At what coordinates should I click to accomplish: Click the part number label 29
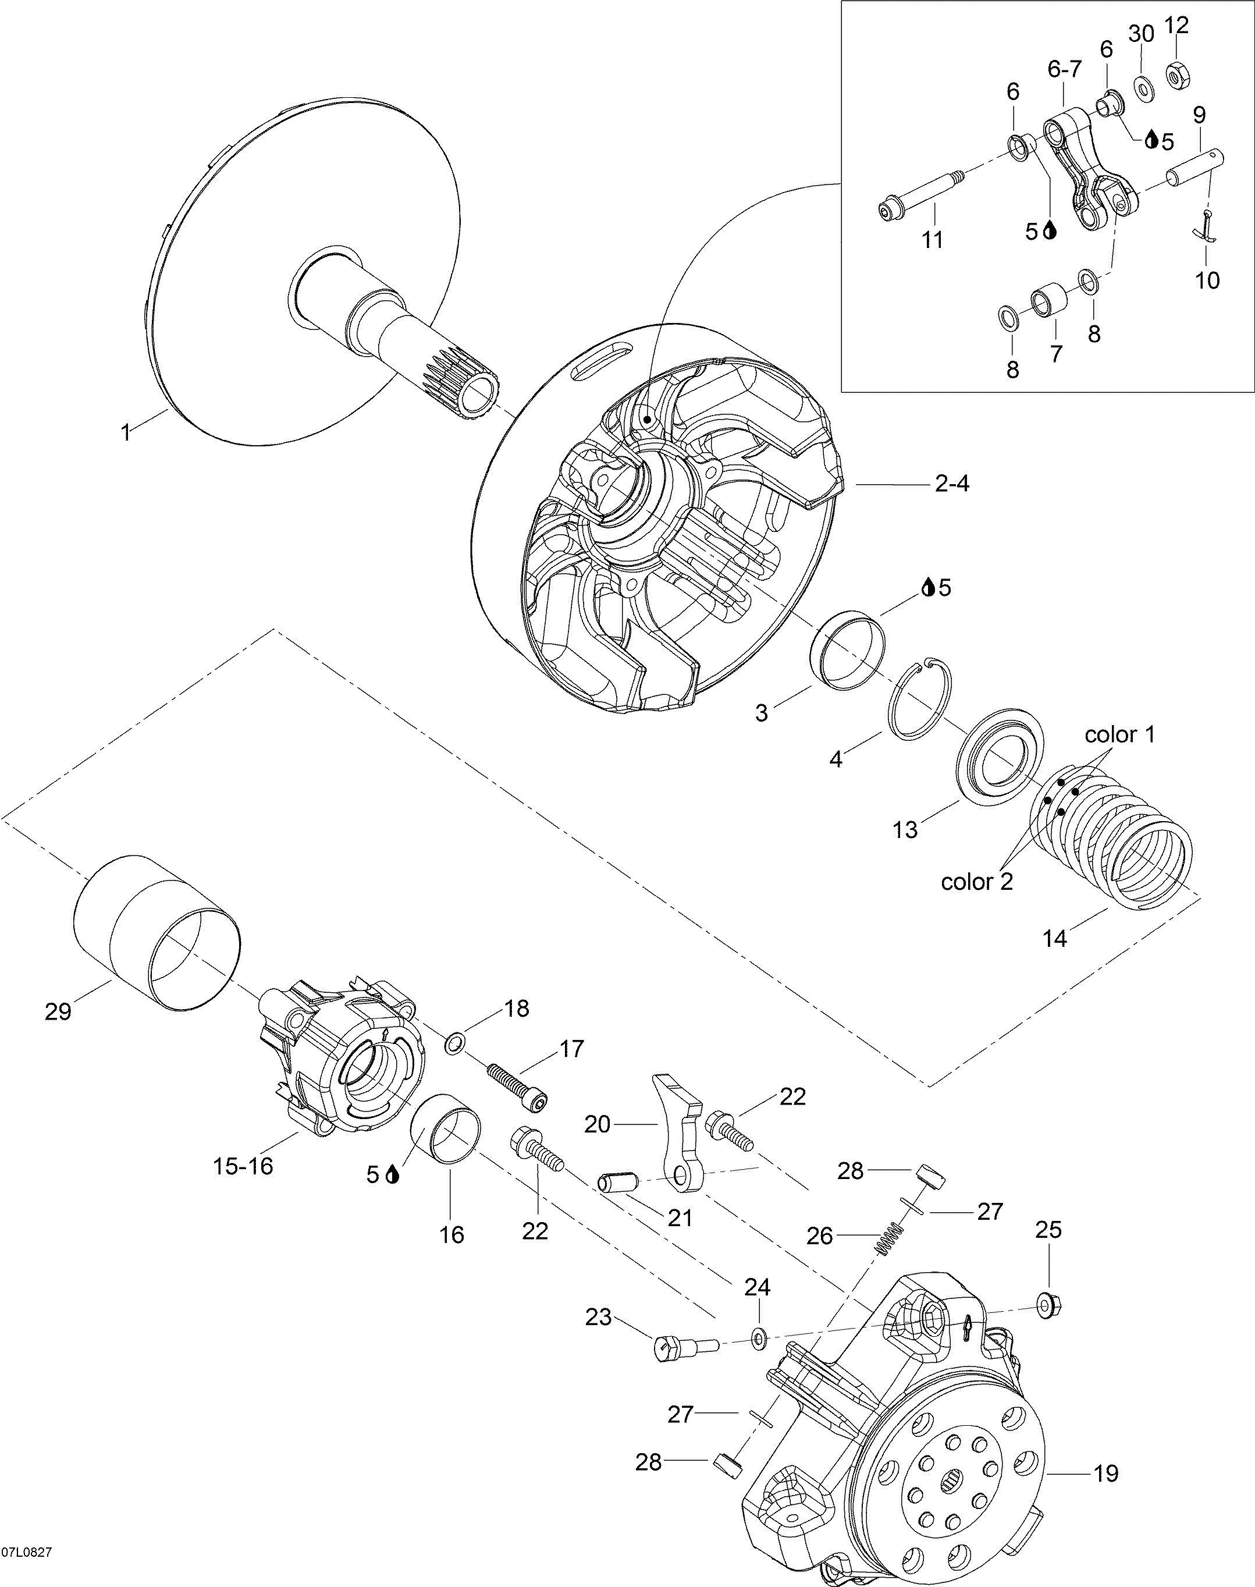(x=58, y=1012)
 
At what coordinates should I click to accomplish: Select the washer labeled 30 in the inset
(x=1143, y=87)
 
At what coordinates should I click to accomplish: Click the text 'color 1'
(x=1120, y=734)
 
